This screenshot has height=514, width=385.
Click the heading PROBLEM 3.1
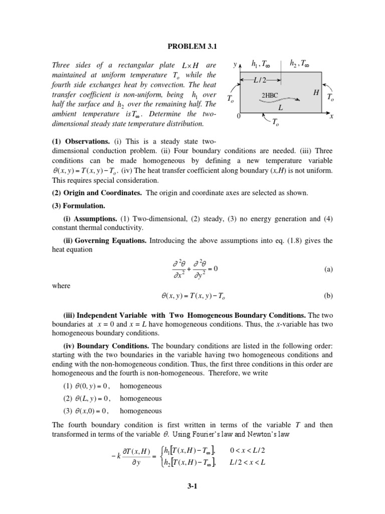[x=192, y=47]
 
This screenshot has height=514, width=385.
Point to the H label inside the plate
[x=316, y=93]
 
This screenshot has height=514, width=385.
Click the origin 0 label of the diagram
[x=239, y=116]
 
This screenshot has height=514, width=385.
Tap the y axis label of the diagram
[x=235, y=65]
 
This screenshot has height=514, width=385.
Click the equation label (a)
[x=328, y=269]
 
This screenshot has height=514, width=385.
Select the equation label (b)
[x=328, y=296]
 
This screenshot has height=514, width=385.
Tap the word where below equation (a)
[x=61, y=286]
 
